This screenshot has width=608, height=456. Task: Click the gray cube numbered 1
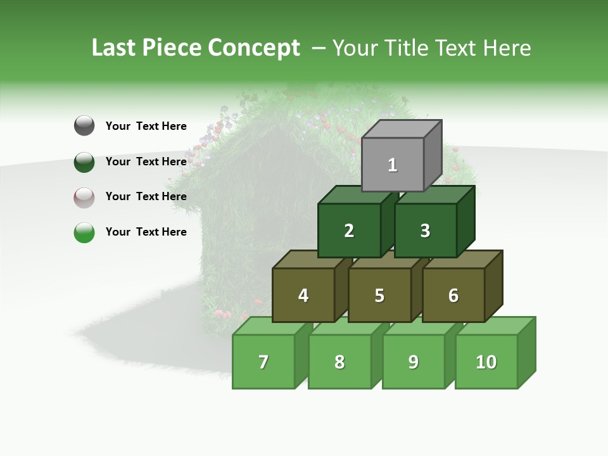coord(393,165)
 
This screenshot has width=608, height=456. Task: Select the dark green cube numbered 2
coord(349,231)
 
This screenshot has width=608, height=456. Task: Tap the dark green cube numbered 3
coord(425,231)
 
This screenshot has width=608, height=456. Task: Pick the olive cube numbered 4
coord(303,295)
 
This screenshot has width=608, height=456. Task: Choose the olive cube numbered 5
coord(379,295)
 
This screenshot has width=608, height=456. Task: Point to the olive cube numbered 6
coord(453,295)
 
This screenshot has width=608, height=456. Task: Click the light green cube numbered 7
coord(263,362)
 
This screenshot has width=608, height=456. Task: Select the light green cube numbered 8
coord(339,362)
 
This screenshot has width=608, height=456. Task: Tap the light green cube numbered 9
coord(413,362)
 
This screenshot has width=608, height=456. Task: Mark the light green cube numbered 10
coord(486,362)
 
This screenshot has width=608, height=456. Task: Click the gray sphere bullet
coord(84,125)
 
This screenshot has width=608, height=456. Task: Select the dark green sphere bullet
coord(84,161)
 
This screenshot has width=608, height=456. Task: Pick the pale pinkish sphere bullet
coord(84,197)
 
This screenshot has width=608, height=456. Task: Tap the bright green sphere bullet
coord(84,232)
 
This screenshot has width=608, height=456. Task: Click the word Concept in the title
coord(254,48)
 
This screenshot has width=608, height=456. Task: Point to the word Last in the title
coord(114,48)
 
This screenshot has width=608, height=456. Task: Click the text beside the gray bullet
coord(146,126)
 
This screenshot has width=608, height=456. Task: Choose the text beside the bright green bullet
coord(146,232)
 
